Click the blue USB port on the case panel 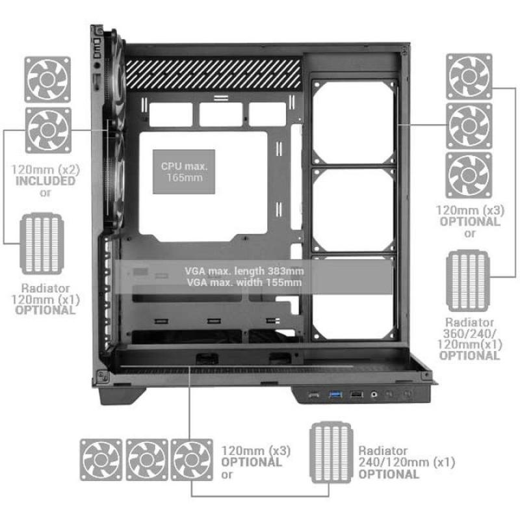point(335,395)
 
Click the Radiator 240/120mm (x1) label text point(407,462)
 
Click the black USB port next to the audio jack point(356,395)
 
